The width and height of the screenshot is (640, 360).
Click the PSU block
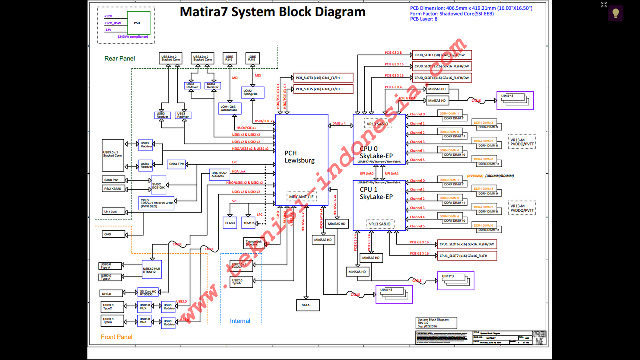click(x=136, y=23)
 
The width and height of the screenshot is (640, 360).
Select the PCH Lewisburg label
click(x=299, y=157)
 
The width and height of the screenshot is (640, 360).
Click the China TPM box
click(x=177, y=164)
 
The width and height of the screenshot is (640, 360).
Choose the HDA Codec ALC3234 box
click(x=220, y=175)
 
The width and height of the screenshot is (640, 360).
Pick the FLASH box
click(x=230, y=223)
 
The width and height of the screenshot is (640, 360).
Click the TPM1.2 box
click(x=248, y=223)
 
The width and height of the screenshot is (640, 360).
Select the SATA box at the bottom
click(x=306, y=304)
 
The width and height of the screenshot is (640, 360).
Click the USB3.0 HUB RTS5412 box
click(x=152, y=270)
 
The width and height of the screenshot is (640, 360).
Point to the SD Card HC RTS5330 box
click(x=148, y=292)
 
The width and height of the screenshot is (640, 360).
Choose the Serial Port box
click(x=113, y=179)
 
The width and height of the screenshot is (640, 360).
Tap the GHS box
click(x=108, y=234)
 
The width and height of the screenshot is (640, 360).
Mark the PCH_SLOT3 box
click(x=324, y=78)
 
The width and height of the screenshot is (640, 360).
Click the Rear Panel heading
click(x=120, y=59)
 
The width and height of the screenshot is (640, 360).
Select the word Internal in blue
click(x=240, y=321)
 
